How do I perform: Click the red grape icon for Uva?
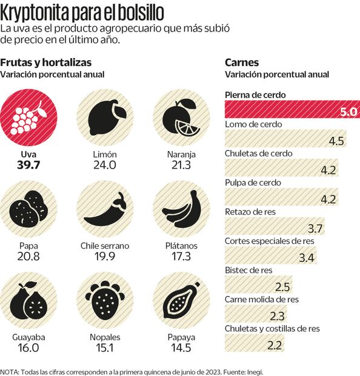[x=28, y=115]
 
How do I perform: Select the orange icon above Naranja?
[x=181, y=115]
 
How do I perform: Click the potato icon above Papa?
[x=28, y=207]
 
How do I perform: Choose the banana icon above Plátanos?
[x=181, y=207]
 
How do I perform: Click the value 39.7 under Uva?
[x=28, y=165]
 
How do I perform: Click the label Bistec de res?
[x=248, y=270]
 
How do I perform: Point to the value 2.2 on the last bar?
[x=275, y=345]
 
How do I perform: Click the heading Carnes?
[x=242, y=62]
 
